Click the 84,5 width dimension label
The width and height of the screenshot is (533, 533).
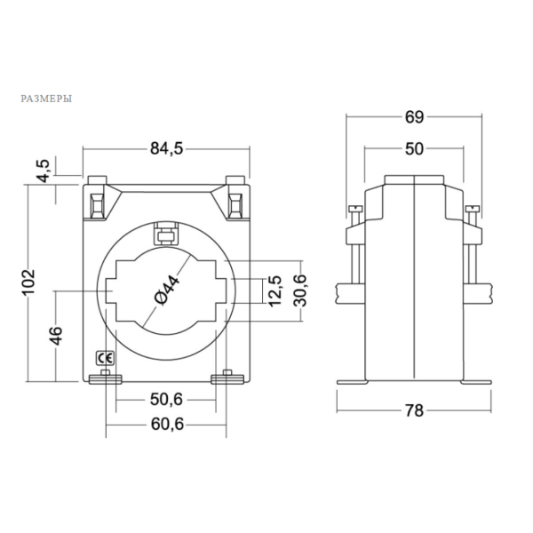pyautogui.click(x=167, y=148)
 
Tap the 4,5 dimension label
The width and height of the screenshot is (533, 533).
pyautogui.click(x=44, y=171)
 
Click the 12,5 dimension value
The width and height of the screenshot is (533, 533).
pyautogui.click(x=275, y=291)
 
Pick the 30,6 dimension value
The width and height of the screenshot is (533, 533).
pyautogui.click(x=300, y=290)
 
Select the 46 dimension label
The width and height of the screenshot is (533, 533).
pyautogui.click(x=57, y=336)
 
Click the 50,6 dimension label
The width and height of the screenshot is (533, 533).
pyautogui.click(x=167, y=400)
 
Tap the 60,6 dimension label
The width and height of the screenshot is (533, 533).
pyautogui.click(x=167, y=424)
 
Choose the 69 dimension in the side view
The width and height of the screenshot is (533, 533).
pyautogui.click(x=414, y=117)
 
